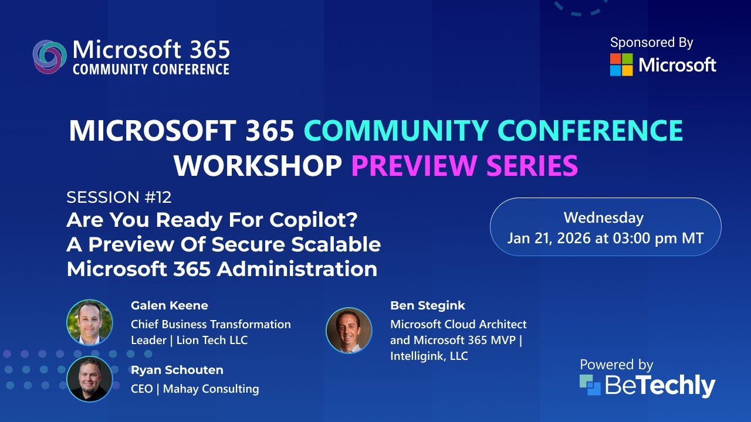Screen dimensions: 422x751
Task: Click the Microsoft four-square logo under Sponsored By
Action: coord(621,65)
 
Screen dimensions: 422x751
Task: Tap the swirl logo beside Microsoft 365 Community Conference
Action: coord(49,57)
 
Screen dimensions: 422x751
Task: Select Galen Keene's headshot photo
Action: coord(89,322)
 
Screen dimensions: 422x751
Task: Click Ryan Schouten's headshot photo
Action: coord(89,379)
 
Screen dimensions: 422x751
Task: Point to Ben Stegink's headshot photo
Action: coord(349,330)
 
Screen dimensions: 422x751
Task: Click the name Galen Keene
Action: coord(169,305)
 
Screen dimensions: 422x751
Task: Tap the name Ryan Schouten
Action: coord(177,370)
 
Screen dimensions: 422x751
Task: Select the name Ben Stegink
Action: coord(427,305)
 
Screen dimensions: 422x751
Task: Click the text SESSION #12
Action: coord(119,197)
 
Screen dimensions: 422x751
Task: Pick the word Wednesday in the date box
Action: coord(604,218)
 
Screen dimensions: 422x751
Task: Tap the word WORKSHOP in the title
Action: coord(258,166)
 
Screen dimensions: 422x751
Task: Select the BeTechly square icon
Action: coord(590,385)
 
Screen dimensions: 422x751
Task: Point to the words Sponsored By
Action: coord(651,43)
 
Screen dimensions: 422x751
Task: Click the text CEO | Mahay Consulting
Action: coord(195,389)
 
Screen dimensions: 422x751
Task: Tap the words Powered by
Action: coord(616,365)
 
